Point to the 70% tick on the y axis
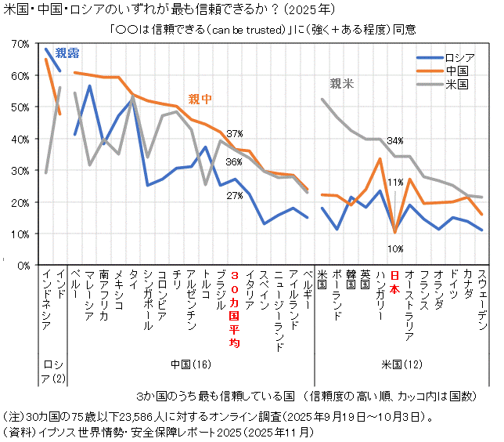point(18,44)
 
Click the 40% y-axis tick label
point(18,139)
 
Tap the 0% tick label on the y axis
point(21,266)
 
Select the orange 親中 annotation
point(200,100)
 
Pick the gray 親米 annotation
point(342,82)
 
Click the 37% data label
point(235,134)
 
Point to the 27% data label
point(235,196)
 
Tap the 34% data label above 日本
point(395,140)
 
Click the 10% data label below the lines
point(395,248)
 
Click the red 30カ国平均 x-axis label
point(235,309)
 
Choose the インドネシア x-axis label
point(49,302)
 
